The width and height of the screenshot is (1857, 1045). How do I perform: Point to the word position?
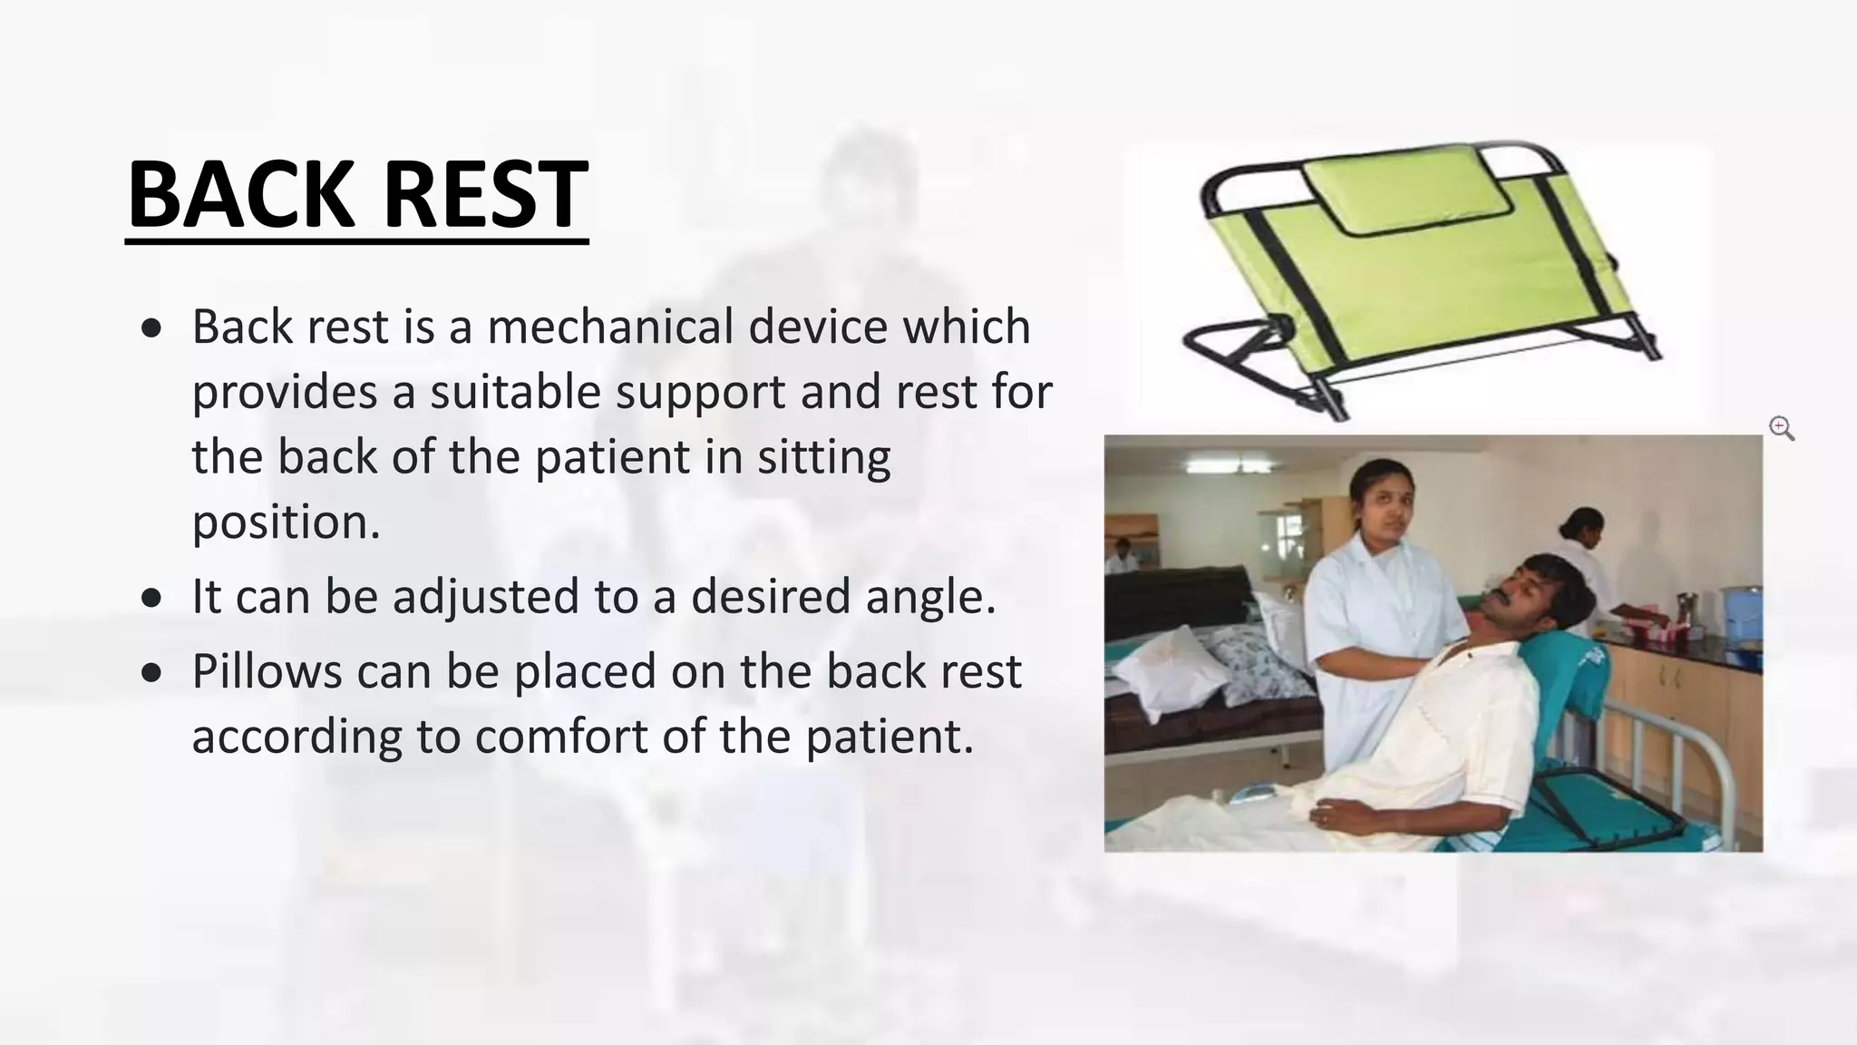click(286, 522)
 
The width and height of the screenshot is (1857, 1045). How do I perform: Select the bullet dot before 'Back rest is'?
click(152, 328)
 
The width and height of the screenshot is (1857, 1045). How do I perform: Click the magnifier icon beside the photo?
click(1781, 428)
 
